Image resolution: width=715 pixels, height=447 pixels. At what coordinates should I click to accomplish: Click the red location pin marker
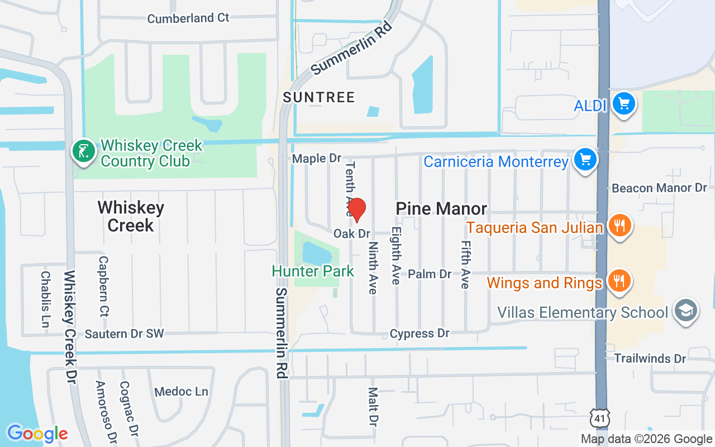click(x=356, y=210)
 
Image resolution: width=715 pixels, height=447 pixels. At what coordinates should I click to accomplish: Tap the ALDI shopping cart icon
click(x=624, y=104)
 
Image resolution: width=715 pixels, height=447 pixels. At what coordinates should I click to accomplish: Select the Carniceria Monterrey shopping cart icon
click(x=585, y=160)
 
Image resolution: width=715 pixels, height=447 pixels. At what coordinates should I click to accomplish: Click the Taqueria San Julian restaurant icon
click(x=619, y=226)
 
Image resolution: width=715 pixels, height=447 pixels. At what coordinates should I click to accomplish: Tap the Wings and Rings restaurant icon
click(x=619, y=281)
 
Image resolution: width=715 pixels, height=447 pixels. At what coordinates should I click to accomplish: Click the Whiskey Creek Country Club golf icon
click(x=84, y=151)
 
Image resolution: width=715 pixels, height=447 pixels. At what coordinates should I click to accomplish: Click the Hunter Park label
click(x=313, y=272)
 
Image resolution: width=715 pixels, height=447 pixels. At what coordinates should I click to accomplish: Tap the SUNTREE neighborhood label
click(x=319, y=97)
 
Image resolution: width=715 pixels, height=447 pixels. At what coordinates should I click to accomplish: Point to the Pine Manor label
click(x=441, y=208)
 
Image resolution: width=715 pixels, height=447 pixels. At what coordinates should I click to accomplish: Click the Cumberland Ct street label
click(x=188, y=18)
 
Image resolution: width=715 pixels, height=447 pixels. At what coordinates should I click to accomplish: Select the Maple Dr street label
click(x=317, y=159)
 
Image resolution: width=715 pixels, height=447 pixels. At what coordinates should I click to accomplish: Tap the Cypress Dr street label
click(x=420, y=334)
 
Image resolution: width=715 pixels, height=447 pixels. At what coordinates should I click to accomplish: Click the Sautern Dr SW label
click(x=125, y=334)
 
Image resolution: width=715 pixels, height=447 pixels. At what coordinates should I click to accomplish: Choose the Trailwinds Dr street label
click(x=650, y=358)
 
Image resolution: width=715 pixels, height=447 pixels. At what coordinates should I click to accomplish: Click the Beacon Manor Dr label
click(x=660, y=188)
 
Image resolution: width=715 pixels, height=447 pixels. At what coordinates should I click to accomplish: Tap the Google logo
click(x=37, y=433)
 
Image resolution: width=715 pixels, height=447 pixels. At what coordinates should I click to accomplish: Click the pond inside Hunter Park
click(x=316, y=253)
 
